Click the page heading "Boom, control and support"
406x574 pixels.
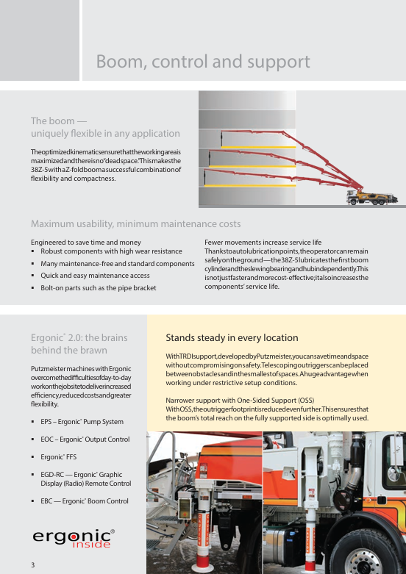pos(203,62)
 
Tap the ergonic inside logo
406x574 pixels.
pos(74,539)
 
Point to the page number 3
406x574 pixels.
pos(32,565)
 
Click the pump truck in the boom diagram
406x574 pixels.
pos(371,197)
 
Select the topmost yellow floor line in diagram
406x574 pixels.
pos(258,147)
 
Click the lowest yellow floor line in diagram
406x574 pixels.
pos(250,186)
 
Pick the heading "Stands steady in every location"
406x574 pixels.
pos(232,337)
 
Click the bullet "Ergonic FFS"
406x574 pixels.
pos(59,457)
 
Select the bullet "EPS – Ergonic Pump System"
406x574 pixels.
pos(82,422)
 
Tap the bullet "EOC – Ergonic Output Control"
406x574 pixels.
pos(85,440)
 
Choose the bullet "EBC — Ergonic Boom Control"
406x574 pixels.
pos(85,501)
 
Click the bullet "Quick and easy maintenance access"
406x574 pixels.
pos(95,276)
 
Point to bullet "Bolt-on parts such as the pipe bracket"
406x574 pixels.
pos(99,288)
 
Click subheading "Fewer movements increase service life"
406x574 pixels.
pos(263,243)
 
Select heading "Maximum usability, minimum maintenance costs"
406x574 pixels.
pos(135,223)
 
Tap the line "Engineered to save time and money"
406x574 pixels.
pos(86,243)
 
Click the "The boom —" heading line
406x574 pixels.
pos(59,121)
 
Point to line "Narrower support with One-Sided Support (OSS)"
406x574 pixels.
pos(240,400)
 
